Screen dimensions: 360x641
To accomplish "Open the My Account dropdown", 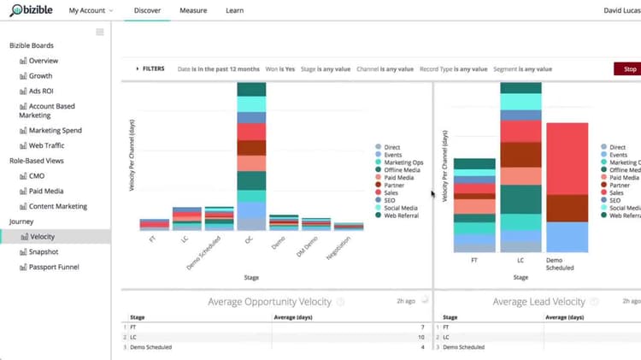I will pyautogui.click(x=91, y=10).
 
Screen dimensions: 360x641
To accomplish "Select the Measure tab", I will pyautogui.click(x=192, y=10).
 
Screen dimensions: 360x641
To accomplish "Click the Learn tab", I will pyautogui.click(x=234, y=10).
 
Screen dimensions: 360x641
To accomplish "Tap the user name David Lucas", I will pyautogui.click(x=615, y=10).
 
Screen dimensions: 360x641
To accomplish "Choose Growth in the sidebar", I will pyautogui.click(x=41, y=76).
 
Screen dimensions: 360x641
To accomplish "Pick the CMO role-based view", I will pyautogui.click(x=38, y=176).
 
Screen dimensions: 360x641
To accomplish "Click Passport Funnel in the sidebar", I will pyautogui.click(x=54, y=267).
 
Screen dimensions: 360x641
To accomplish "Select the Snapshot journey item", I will pyautogui.click(x=44, y=251).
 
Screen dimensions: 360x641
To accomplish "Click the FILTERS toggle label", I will pyautogui.click(x=153, y=68).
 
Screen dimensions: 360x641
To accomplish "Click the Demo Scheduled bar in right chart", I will pyautogui.click(x=567, y=188).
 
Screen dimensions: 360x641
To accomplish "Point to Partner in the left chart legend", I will pyautogui.click(x=393, y=186).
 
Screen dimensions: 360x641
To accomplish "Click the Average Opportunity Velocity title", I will pyautogui.click(x=271, y=301).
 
